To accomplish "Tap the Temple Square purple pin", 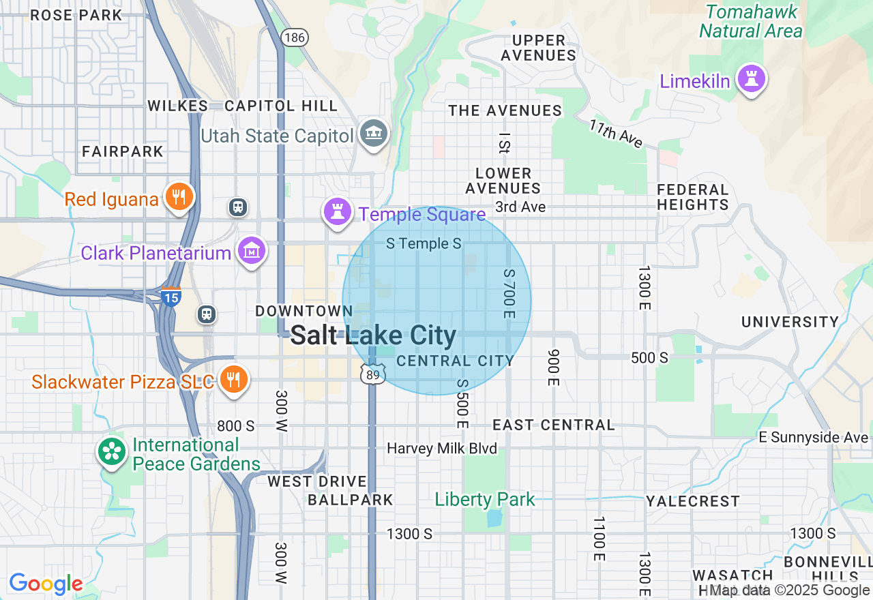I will [x=337, y=211].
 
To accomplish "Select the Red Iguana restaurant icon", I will [x=179, y=198].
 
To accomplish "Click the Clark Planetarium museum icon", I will [x=252, y=252].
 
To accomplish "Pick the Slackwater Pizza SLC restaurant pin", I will [x=234, y=380].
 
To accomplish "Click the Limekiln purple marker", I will [x=752, y=79].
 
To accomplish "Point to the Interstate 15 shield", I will [x=171, y=297].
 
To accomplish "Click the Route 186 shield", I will [x=295, y=37].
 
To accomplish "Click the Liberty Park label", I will [x=485, y=500].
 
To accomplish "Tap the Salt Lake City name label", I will [x=373, y=335].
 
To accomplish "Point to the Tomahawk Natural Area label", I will [x=751, y=21].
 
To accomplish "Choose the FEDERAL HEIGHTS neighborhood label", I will [x=693, y=197].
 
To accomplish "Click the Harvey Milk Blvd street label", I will [x=442, y=449].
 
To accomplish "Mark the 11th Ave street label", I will [x=617, y=133].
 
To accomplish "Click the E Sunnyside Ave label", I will [x=813, y=437].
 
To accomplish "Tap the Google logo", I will [x=46, y=584].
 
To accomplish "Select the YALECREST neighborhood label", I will [x=692, y=501].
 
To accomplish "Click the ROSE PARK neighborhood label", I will [x=76, y=14].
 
